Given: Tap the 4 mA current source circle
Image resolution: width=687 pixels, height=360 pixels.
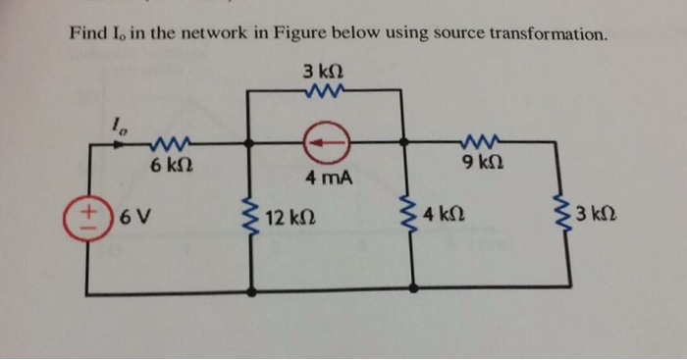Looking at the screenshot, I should tap(325, 143).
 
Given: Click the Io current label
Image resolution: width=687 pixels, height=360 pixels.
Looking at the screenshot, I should tap(120, 124).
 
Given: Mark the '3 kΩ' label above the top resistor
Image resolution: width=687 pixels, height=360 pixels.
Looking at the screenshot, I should tap(323, 72).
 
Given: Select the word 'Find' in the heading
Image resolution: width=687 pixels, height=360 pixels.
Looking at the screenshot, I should tap(86, 34).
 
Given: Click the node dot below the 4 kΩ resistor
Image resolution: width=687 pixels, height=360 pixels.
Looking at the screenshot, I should tap(412, 289).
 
